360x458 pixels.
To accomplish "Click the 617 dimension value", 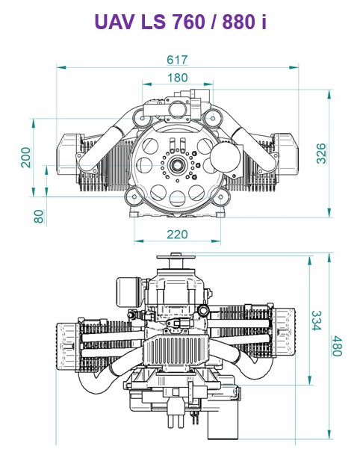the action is (177, 60).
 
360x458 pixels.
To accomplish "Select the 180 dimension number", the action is (177, 78).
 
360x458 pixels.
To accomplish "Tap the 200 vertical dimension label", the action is (25, 158).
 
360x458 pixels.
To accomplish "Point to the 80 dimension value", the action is (39, 217).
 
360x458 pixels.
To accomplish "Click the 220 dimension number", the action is (177, 235).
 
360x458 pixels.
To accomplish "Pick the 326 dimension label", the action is (321, 153).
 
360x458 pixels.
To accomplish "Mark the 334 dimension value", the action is (317, 321).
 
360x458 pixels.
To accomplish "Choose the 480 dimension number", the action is (337, 346).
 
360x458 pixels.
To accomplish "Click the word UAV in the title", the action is (115, 22).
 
